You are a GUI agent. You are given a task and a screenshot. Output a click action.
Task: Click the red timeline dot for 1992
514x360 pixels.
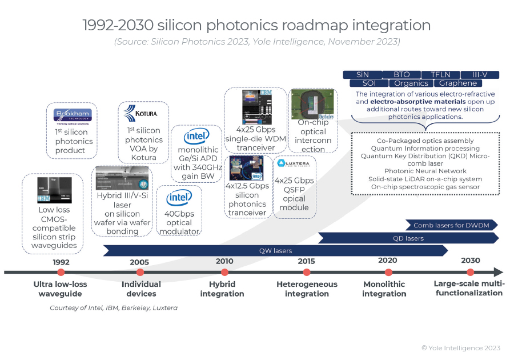[61, 272]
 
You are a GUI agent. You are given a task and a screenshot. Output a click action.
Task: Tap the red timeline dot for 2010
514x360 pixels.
[224, 272]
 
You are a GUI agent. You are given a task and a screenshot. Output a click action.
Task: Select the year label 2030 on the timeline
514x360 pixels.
[471, 261]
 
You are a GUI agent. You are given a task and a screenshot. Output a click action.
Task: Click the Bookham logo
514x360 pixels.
[72, 115]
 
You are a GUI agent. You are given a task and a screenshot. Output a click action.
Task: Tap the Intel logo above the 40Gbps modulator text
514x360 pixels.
[179, 199]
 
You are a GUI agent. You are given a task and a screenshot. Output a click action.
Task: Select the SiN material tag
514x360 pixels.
[362, 75]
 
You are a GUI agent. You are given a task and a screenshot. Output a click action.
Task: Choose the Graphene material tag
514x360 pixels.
[458, 83]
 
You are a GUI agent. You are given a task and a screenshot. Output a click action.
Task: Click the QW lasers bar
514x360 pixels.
[275, 250]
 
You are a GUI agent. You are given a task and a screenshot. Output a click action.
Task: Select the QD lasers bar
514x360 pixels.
[408, 238]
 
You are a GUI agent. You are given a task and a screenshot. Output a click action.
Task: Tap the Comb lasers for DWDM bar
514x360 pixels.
[451, 225]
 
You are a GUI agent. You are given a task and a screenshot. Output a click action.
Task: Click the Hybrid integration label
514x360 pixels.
[222, 289]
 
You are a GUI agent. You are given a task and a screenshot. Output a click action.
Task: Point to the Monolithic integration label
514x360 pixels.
[384, 289]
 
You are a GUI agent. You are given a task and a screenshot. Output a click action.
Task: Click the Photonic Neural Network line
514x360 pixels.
[425, 171]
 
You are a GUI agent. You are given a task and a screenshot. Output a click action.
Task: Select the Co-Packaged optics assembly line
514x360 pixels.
[425, 141]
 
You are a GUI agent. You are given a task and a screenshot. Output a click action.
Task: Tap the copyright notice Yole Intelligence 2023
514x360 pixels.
[461, 348]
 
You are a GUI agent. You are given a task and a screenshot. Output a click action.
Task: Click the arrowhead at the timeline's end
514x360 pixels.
[499, 273]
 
